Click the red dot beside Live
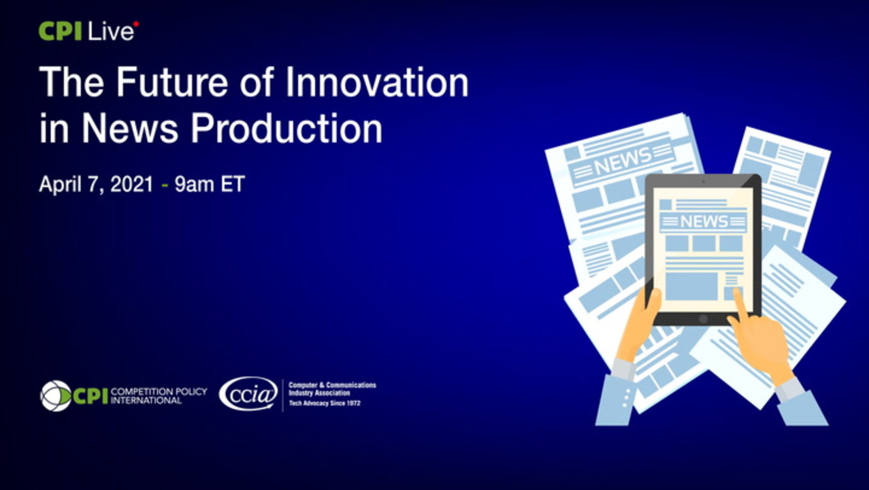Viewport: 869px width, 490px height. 136,24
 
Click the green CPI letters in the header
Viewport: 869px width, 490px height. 60,31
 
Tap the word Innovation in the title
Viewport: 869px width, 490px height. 377,82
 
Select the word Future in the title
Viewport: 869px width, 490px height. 171,82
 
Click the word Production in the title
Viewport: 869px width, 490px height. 286,129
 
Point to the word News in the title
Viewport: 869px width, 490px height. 129,129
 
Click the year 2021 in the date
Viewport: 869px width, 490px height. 132,184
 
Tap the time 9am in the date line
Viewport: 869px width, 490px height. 193,184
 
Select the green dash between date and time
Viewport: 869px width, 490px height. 165,185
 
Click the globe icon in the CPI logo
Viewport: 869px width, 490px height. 56,395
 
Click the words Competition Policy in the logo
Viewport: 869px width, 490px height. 159,392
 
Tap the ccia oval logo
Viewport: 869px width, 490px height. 248,394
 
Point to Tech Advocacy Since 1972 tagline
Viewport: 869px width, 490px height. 325,404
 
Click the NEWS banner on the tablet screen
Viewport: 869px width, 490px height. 704,222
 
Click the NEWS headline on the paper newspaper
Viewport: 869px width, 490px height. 623,160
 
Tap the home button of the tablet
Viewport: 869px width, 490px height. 703,320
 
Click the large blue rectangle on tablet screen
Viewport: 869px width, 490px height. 691,287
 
